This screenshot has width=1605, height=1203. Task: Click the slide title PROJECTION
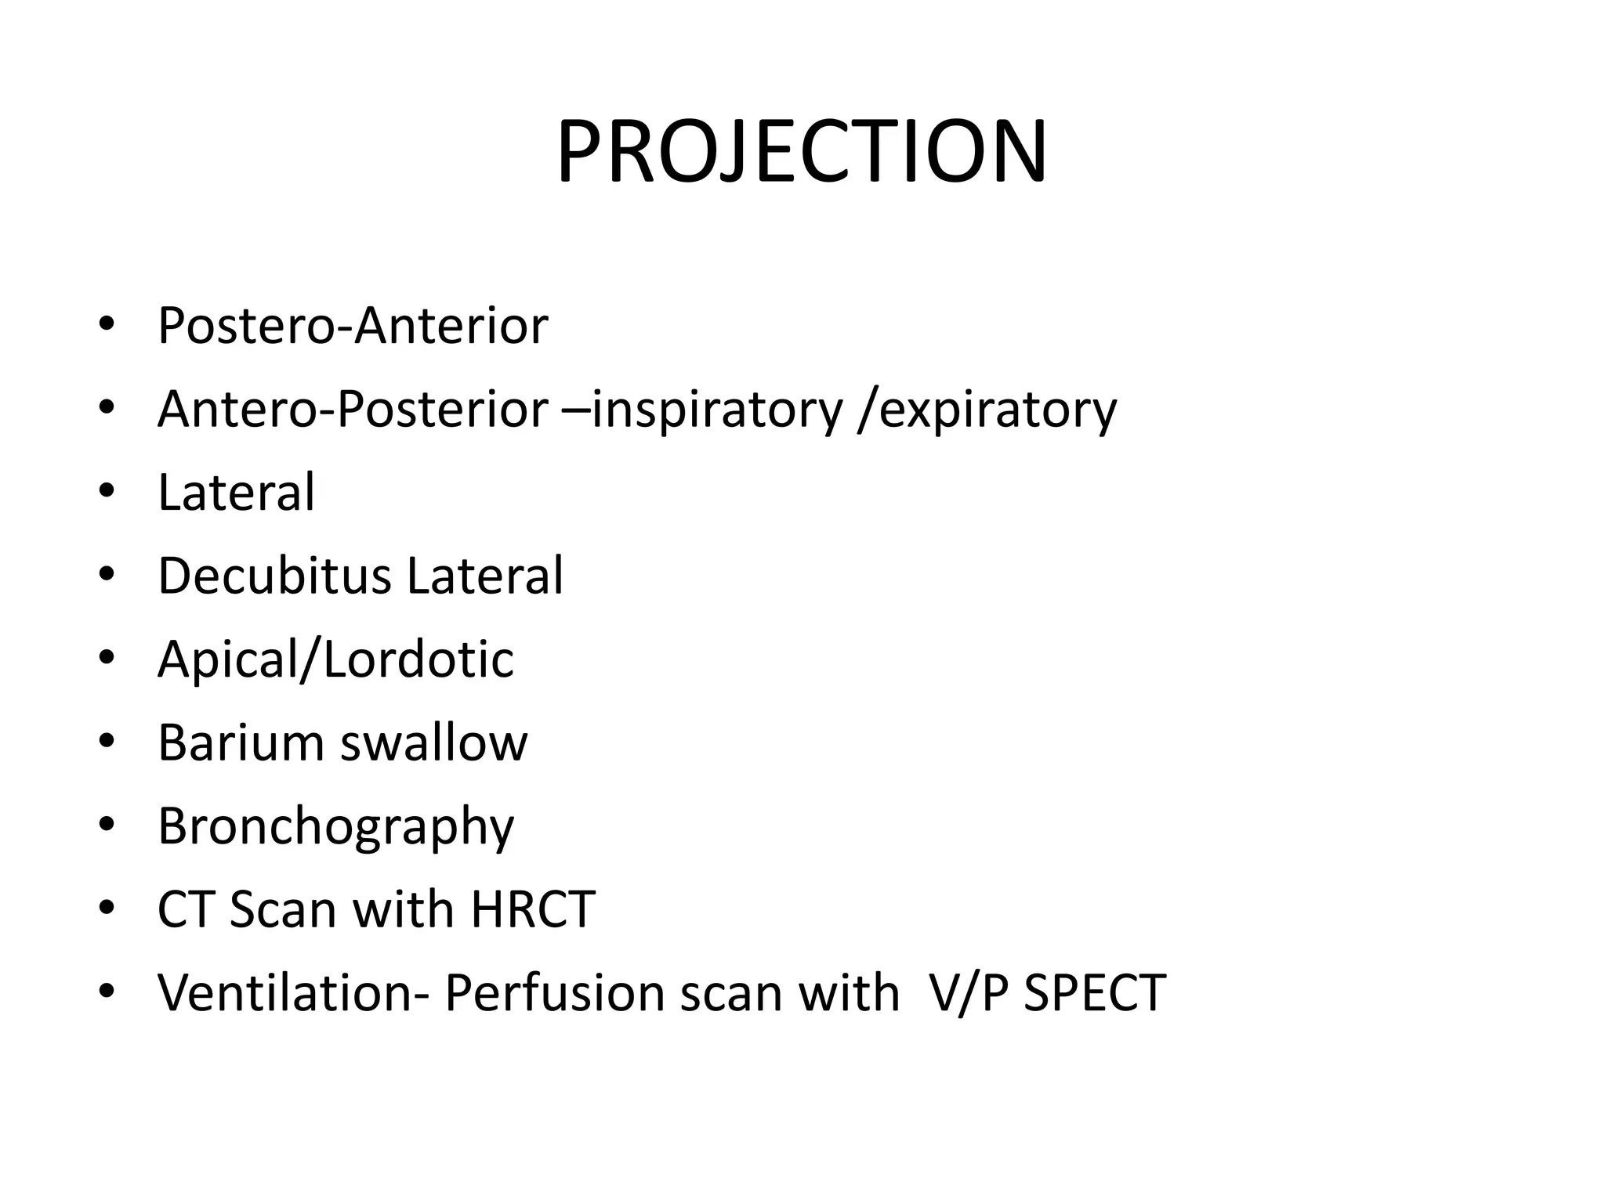[801, 152]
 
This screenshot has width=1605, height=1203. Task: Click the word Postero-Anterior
[353, 326]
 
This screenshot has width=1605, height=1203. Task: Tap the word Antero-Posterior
[353, 409]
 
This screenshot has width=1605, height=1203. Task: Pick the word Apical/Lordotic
[335, 659]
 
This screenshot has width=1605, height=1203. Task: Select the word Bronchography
[335, 827]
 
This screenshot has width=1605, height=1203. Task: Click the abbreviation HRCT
[533, 909]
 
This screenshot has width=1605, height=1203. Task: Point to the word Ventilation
[293, 993]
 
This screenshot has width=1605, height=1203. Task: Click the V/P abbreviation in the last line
[968, 993]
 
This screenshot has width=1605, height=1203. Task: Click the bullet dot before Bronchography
[107, 825]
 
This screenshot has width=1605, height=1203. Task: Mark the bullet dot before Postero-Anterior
[107, 324]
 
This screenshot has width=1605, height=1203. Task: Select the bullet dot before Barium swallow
[107, 742]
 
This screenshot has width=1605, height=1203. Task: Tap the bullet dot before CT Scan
[107, 909]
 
